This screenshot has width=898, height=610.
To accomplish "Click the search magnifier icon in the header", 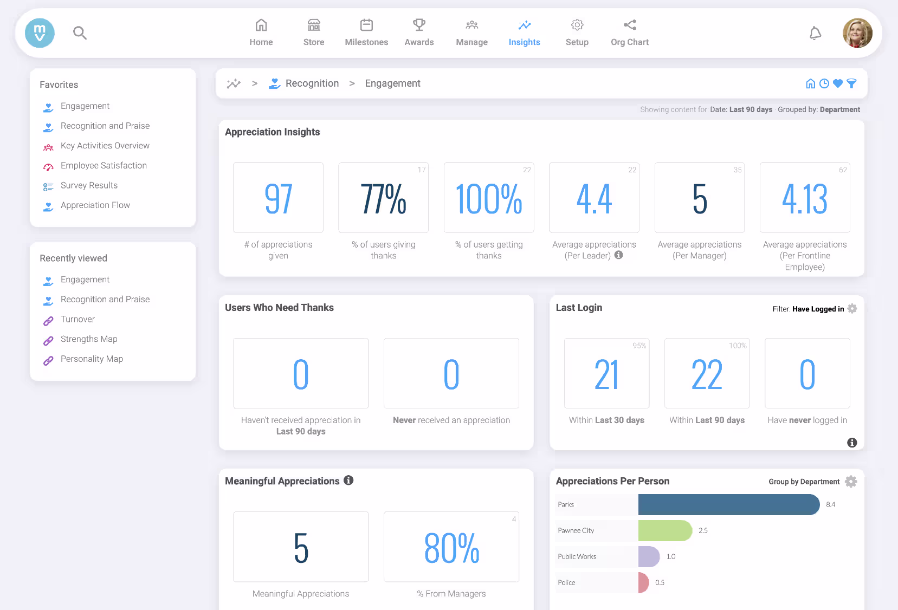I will click(80, 33).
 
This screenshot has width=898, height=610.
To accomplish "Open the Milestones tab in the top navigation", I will click(366, 33).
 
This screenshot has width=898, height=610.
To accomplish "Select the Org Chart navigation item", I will click(629, 33).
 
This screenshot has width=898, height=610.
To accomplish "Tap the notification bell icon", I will click(815, 34).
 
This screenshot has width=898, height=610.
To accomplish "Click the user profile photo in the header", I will click(857, 33).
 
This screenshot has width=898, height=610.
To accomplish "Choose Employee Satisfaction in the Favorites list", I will click(104, 166).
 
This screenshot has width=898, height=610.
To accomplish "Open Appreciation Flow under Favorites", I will click(95, 205).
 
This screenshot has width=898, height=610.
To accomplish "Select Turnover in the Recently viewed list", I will click(77, 320).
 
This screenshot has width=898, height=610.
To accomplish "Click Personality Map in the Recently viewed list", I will click(92, 359).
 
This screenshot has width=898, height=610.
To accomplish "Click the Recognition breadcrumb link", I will click(312, 83).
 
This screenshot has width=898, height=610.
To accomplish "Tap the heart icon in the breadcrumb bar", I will click(838, 83).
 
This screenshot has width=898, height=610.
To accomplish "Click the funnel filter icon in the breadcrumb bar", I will click(851, 83).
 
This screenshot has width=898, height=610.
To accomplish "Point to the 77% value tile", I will click(383, 198).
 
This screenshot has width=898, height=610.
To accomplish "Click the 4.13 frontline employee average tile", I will click(805, 198).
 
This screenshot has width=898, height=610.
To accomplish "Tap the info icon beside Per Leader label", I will click(618, 255).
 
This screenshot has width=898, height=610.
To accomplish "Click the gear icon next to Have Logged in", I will click(852, 309).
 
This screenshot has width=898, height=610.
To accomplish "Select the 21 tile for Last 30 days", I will click(606, 374).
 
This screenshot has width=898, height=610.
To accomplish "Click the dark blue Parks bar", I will click(728, 504).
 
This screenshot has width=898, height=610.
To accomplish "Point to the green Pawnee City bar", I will click(665, 530).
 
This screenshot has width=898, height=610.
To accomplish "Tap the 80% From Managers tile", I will click(451, 547).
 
